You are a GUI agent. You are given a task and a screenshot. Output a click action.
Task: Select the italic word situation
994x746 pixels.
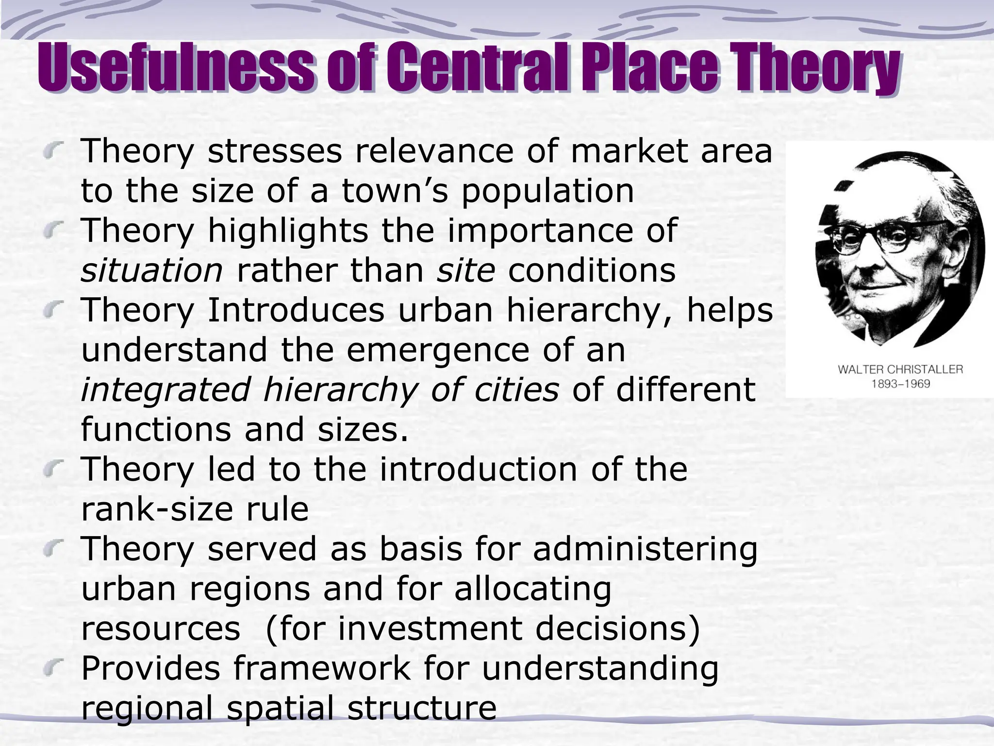151,271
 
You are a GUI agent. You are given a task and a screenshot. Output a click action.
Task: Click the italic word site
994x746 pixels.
466,271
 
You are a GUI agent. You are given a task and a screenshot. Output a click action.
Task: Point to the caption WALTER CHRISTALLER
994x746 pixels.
900,370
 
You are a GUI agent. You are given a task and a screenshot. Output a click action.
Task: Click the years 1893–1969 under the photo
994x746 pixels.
900,384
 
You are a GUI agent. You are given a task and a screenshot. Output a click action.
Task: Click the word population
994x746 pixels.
547,191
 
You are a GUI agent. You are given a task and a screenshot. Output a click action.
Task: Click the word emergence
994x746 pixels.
437,350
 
